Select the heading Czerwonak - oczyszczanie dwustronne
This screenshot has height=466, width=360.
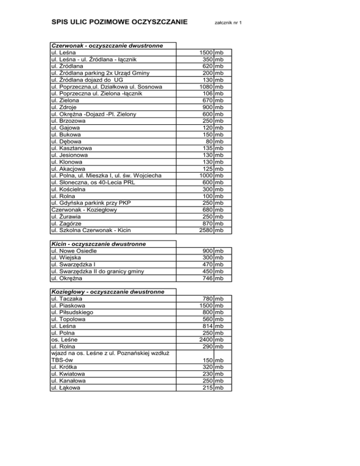[107, 46]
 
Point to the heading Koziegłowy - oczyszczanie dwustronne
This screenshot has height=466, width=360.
[107, 292]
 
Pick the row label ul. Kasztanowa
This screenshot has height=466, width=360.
[73, 148]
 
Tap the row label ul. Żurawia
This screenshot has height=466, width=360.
[68, 216]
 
